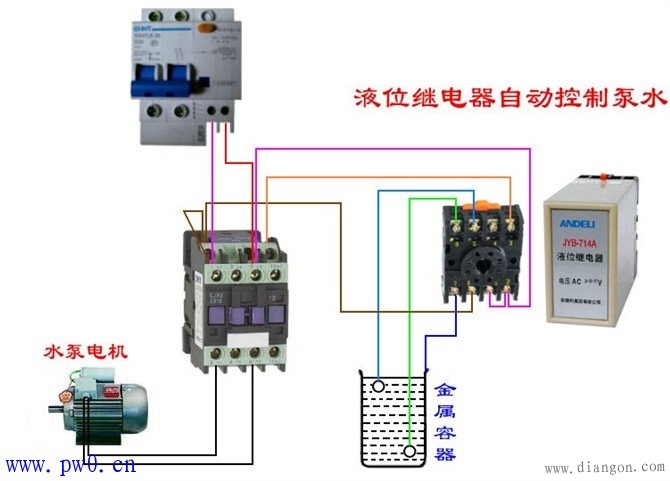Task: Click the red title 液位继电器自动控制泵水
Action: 509,99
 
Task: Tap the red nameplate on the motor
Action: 100,392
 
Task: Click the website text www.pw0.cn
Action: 70,465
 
